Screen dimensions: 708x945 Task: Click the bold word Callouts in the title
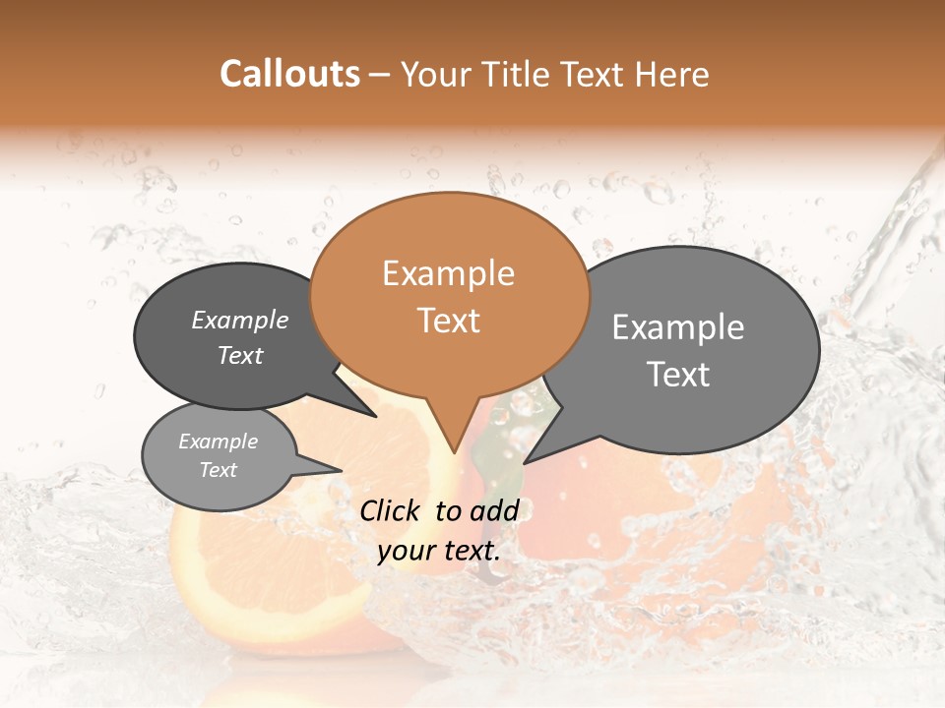[x=289, y=74]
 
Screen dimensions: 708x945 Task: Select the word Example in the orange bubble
[x=448, y=273]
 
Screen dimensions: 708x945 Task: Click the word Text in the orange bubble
[x=448, y=321]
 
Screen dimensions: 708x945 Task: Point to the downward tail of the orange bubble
[x=452, y=433]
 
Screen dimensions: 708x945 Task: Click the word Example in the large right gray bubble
[x=678, y=327]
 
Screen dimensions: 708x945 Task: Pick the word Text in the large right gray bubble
[x=678, y=374]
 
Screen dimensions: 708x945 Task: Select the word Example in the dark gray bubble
[x=240, y=320]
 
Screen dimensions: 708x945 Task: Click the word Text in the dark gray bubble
[x=240, y=355]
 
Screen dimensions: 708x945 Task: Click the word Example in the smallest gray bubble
[x=219, y=442]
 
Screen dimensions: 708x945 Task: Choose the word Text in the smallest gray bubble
[x=219, y=470]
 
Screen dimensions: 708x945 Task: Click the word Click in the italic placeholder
[x=392, y=510]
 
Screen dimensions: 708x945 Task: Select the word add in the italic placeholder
[x=493, y=510]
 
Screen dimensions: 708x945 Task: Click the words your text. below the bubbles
[x=439, y=551]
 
